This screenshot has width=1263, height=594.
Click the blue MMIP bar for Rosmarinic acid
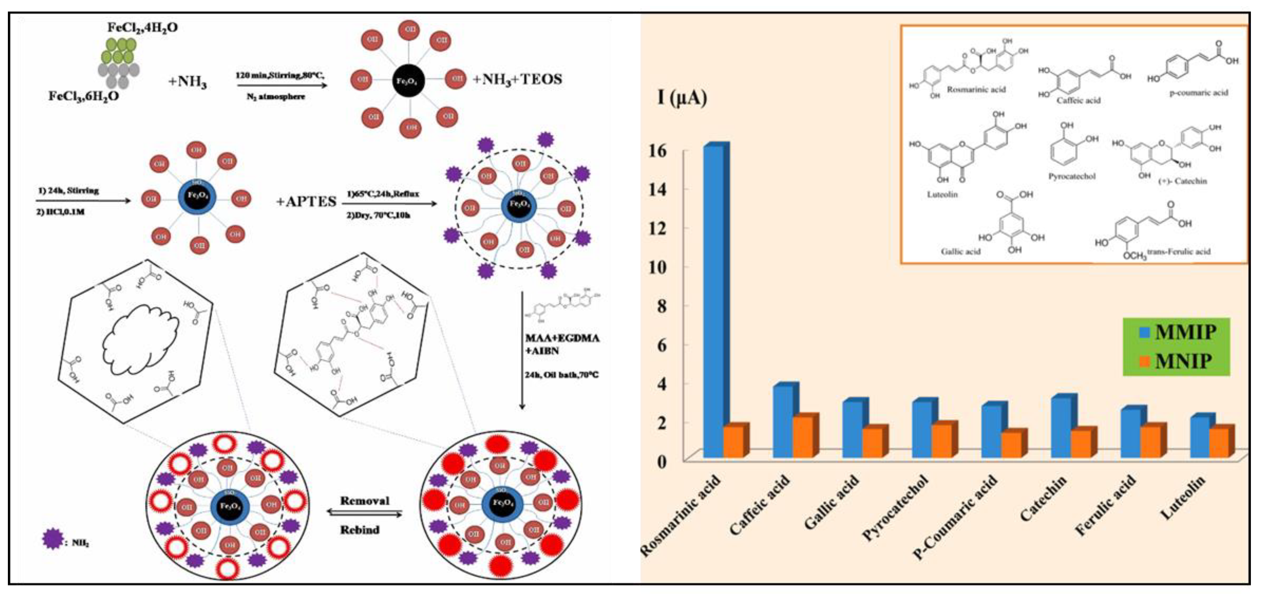click(713, 302)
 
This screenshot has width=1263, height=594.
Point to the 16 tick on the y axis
click(658, 151)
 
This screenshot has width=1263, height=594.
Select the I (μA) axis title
click(682, 98)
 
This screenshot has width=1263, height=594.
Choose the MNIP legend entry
click(1177, 361)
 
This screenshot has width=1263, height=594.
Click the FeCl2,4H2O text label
click(143, 28)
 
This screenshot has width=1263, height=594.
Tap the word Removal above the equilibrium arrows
click(365, 501)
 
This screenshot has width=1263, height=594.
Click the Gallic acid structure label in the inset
click(960, 252)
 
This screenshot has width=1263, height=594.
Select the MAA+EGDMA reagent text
click(562, 338)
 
